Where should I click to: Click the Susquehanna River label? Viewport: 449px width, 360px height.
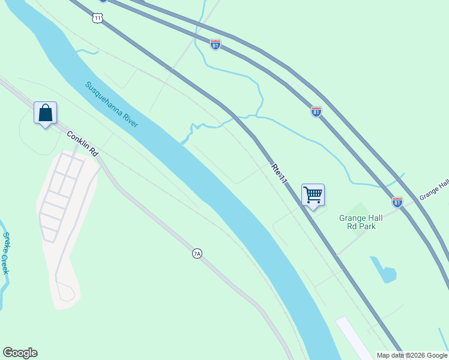(x=112, y=104)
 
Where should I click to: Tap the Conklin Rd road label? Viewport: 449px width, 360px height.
(x=82, y=144)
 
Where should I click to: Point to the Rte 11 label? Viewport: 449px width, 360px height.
(x=280, y=173)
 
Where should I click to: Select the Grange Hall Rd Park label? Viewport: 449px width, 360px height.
(x=361, y=222)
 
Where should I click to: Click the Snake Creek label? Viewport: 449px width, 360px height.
(x=5, y=253)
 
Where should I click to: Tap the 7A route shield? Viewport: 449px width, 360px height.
(x=197, y=254)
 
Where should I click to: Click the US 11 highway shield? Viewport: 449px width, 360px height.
(x=98, y=18)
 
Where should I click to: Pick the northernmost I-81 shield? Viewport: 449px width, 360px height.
(x=215, y=44)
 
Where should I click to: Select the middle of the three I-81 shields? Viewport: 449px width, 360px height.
(x=316, y=111)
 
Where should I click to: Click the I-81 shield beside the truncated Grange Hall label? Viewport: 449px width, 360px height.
(x=397, y=202)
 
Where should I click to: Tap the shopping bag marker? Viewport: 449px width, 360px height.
(x=45, y=113)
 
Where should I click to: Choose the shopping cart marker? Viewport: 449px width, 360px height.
(x=313, y=195)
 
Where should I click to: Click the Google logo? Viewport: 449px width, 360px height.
(x=20, y=353)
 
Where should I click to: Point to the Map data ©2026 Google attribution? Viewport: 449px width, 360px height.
(x=411, y=355)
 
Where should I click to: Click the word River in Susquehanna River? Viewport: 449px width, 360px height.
(x=129, y=118)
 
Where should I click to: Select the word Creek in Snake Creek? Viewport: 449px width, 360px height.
(x=5, y=264)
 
